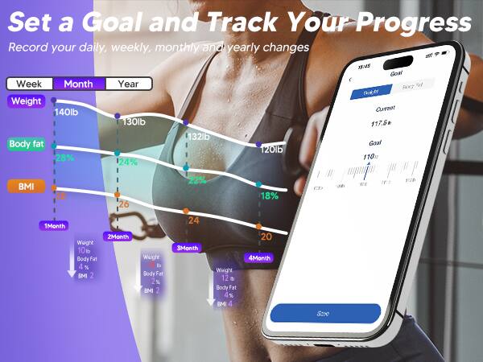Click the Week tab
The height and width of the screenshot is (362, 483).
29,84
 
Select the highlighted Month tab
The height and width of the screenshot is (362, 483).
78,84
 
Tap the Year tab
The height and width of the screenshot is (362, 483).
128,84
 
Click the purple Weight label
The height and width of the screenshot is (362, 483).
26,101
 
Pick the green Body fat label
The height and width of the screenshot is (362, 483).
27,144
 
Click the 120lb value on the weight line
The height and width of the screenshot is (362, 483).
270,150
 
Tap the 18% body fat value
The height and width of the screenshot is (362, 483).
269,196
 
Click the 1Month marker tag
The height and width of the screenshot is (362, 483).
55,226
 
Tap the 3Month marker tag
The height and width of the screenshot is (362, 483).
188,247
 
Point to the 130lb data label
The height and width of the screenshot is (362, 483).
134,122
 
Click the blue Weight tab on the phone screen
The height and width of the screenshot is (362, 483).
371,93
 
